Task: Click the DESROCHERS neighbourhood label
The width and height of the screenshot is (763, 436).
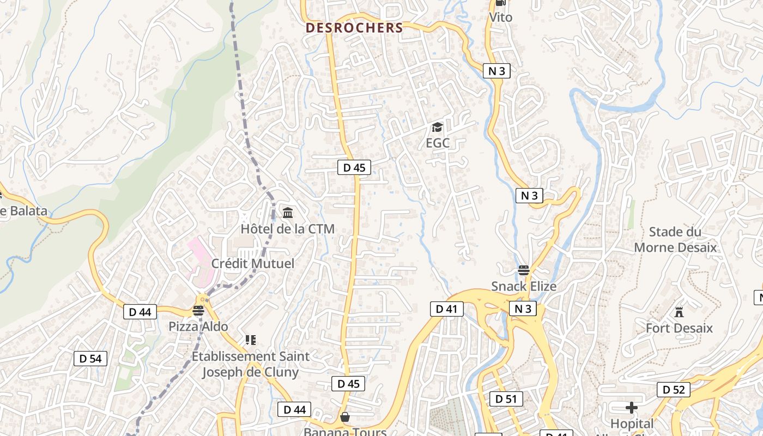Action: point(354,28)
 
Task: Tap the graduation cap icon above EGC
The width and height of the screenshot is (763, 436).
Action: point(437,128)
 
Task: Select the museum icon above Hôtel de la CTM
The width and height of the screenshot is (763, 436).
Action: point(288,213)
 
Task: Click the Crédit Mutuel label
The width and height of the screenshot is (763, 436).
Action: point(252,264)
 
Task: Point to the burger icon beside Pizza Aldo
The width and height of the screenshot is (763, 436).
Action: point(198,311)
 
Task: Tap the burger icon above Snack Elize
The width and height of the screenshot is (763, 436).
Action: point(524,270)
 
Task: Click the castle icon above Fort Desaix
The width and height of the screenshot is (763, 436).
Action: point(679,312)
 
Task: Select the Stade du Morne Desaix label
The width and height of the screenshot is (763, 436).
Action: point(675,240)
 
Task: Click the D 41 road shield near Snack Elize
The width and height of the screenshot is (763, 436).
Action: point(446,309)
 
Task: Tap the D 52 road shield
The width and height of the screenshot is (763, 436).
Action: point(674,390)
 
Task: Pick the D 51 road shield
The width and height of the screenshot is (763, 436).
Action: point(506,398)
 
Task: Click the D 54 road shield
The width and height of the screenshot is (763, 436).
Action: point(90,359)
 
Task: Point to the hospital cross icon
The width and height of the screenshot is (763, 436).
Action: point(631,407)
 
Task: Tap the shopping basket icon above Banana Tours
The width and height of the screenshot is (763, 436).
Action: point(345,417)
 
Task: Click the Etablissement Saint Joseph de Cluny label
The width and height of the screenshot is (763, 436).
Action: point(250,364)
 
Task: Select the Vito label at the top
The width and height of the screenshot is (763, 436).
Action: point(500,17)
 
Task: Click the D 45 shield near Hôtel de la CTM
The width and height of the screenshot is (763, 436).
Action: point(354,167)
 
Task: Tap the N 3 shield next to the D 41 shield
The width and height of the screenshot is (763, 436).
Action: point(523,309)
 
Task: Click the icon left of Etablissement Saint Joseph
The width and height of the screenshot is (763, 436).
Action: point(251,341)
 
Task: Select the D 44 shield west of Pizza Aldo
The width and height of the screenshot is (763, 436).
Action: point(140,312)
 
